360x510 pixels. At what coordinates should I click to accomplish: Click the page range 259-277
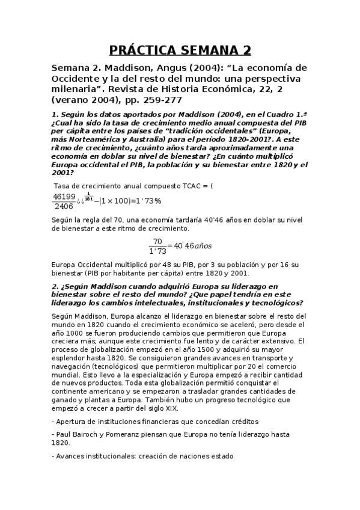tap(158, 100)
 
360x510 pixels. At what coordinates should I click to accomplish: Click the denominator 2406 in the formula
tap(64, 206)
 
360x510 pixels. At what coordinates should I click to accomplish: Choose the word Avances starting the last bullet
tap(70, 456)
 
